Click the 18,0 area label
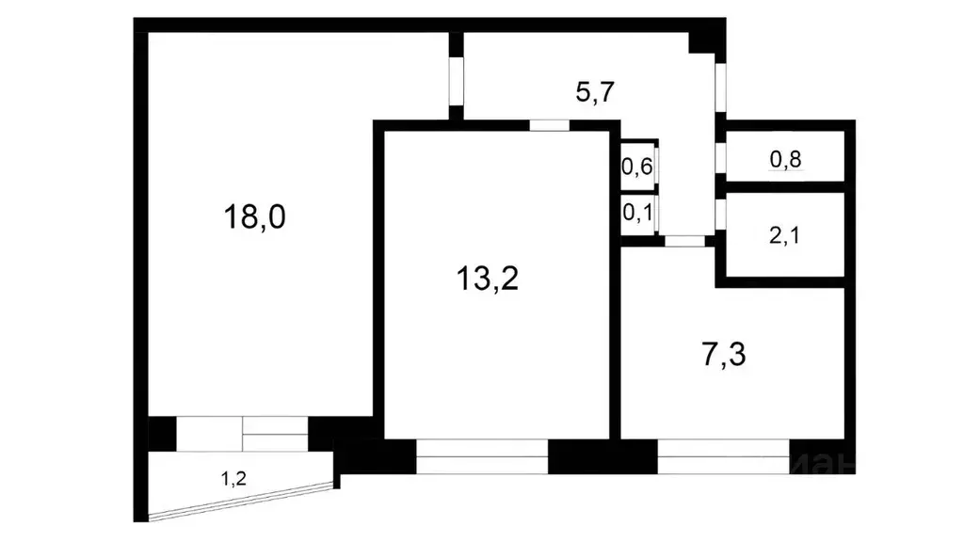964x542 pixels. (x=254, y=217)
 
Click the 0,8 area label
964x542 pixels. (x=785, y=160)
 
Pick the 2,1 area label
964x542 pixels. (x=785, y=234)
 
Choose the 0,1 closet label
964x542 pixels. (x=637, y=212)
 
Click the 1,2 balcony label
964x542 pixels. (x=233, y=479)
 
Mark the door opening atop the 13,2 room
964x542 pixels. (x=549, y=125)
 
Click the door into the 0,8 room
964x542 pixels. (x=720, y=158)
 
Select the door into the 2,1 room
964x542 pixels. (x=720, y=215)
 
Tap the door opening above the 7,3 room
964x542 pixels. (x=684, y=241)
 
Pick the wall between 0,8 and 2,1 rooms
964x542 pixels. (x=785, y=187)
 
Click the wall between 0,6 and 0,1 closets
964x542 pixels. (x=637, y=192)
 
